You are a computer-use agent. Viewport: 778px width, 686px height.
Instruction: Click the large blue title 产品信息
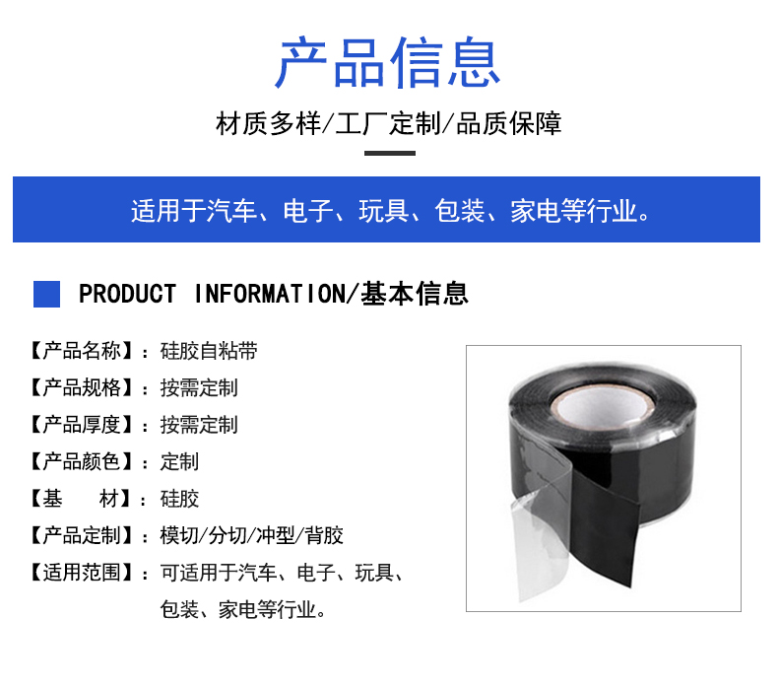(x=388, y=63)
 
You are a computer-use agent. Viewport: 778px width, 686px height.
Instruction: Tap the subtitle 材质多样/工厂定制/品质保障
(x=388, y=123)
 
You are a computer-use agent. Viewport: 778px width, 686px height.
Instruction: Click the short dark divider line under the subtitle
(x=390, y=153)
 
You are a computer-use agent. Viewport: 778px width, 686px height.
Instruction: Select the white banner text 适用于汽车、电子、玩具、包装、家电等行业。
(x=390, y=211)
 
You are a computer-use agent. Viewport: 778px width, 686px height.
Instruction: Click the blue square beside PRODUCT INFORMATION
(x=46, y=294)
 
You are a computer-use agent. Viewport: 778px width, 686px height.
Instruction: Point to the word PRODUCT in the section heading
(x=127, y=294)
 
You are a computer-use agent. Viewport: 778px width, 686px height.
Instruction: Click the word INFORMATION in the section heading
(x=270, y=294)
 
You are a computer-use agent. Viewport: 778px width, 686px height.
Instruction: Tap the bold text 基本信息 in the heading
(x=415, y=294)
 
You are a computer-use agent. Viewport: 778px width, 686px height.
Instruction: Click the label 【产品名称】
(x=81, y=351)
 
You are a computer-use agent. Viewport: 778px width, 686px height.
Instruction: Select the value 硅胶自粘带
(x=209, y=351)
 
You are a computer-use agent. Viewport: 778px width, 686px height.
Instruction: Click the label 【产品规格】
(x=81, y=387)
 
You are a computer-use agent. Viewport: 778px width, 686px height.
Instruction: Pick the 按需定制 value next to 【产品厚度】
(x=199, y=425)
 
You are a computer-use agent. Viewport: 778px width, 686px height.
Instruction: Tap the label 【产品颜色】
(x=81, y=461)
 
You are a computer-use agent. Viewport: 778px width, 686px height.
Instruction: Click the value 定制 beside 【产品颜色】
(x=179, y=461)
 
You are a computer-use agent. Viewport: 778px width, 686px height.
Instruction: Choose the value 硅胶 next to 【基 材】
(x=179, y=498)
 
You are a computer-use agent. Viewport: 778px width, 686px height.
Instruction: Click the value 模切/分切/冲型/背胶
(x=251, y=535)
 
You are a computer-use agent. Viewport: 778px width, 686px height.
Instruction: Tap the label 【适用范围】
(x=81, y=573)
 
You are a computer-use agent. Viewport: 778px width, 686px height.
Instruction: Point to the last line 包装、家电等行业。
(x=242, y=609)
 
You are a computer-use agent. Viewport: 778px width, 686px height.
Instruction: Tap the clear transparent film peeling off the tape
(x=541, y=526)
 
